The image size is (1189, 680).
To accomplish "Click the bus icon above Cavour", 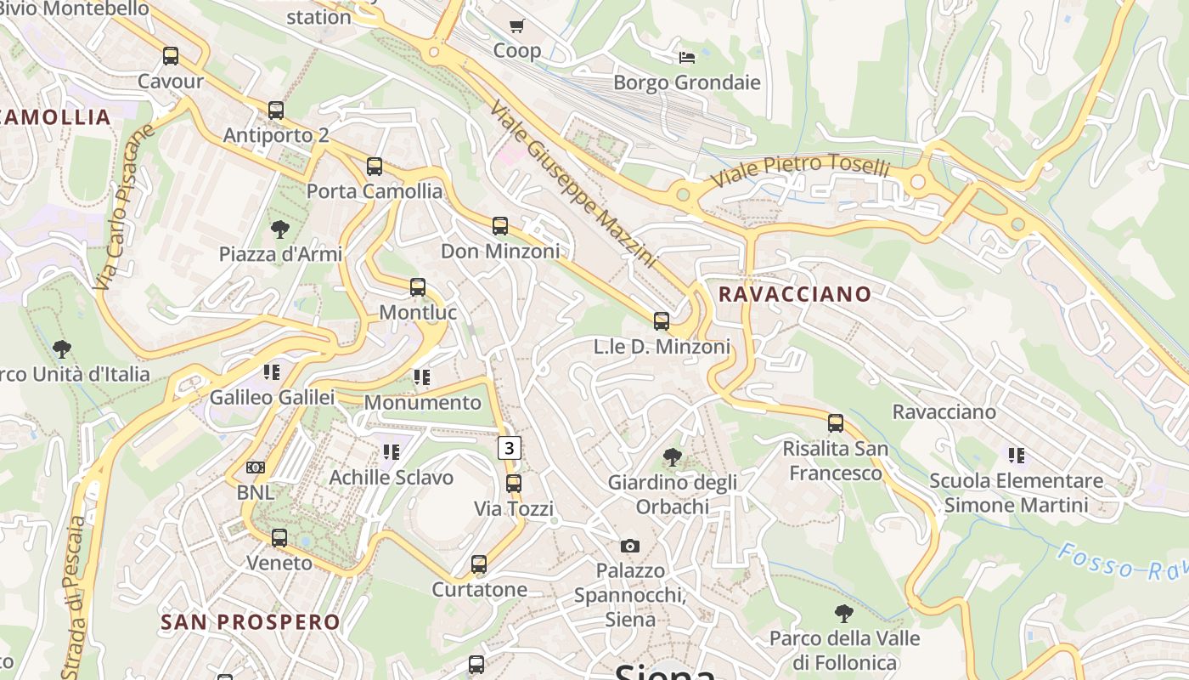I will pyautogui.click(x=171, y=56).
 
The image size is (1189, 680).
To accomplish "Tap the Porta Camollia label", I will pyautogui.click(x=375, y=191).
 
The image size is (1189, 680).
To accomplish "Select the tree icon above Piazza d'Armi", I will pyautogui.click(x=279, y=229).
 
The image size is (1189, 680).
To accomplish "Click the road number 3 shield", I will pyautogui.click(x=509, y=447).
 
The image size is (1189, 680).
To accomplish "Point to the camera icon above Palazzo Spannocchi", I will pyautogui.click(x=629, y=546).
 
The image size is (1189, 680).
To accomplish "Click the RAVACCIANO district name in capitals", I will pyautogui.click(x=795, y=294).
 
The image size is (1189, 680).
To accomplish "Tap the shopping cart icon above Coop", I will pyautogui.click(x=516, y=25).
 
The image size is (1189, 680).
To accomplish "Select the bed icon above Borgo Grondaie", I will pyautogui.click(x=687, y=57).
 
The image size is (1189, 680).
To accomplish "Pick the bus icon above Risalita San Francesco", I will pyautogui.click(x=836, y=422).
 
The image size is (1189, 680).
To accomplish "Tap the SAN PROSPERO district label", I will pyautogui.click(x=251, y=622).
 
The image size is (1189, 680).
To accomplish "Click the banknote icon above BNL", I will pyautogui.click(x=256, y=467).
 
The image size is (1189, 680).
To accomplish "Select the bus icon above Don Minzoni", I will pyautogui.click(x=500, y=225).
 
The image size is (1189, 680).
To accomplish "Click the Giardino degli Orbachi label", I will pyautogui.click(x=672, y=495).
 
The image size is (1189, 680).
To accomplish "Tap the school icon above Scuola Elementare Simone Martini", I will pyautogui.click(x=1016, y=455).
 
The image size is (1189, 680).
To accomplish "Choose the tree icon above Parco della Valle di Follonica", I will pyautogui.click(x=843, y=613).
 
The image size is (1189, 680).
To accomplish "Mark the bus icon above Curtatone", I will pyautogui.click(x=479, y=564).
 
